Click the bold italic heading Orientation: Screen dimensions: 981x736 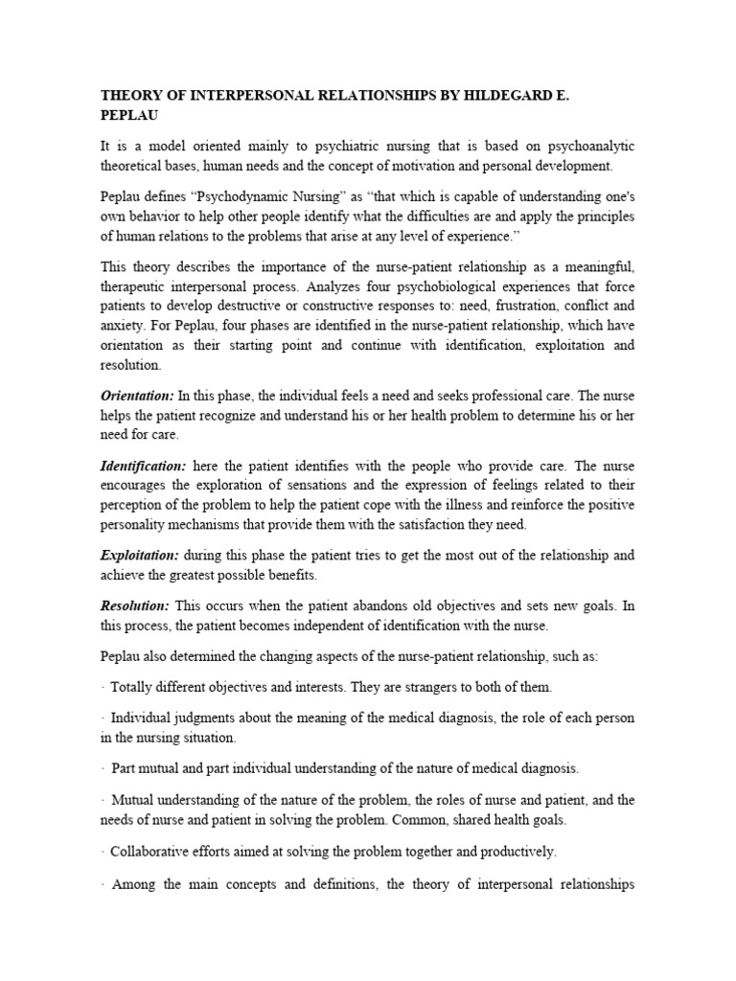(138, 395)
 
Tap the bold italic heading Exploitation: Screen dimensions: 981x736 (140, 555)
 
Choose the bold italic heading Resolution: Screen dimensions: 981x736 (135, 606)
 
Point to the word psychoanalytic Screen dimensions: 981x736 (584, 146)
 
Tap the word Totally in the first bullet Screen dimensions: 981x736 (134, 687)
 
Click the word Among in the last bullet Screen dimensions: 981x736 (138, 884)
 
